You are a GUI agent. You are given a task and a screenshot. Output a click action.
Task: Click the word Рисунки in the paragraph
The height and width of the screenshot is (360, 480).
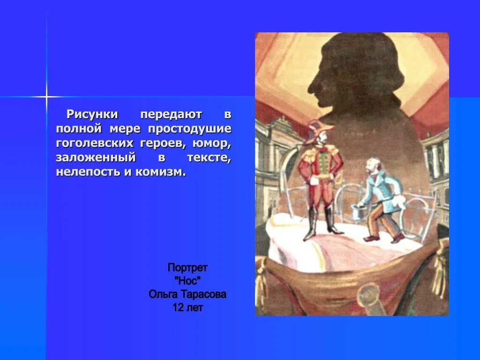coord(91,114)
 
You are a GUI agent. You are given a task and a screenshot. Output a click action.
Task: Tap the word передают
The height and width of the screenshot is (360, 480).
coord(171,114)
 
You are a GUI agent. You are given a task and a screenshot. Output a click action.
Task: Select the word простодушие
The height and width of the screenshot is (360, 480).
coord(190,128)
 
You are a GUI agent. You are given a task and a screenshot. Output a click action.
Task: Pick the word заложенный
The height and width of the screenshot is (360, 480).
coord(95,157)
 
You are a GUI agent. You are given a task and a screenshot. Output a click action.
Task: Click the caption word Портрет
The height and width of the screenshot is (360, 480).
coord(187,268)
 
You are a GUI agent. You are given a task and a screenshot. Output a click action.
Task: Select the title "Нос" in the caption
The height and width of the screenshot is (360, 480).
coord(187,281)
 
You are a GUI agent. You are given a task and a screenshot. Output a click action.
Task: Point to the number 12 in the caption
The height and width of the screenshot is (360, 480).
coord(178,308)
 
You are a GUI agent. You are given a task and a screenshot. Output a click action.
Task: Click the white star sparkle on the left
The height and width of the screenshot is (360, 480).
coord(47,97)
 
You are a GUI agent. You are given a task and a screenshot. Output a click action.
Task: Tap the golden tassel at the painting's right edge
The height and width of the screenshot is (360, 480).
coord(441,267)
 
